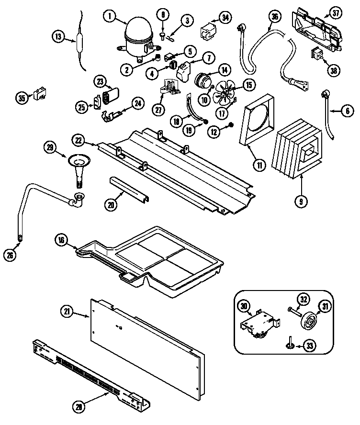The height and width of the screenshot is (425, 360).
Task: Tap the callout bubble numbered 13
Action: pos(58,36)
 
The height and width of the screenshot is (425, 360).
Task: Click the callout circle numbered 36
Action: pos(274,17)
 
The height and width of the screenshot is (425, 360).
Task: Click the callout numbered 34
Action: pos(224,18)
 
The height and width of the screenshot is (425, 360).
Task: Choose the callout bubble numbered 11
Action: pos(259,166)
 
